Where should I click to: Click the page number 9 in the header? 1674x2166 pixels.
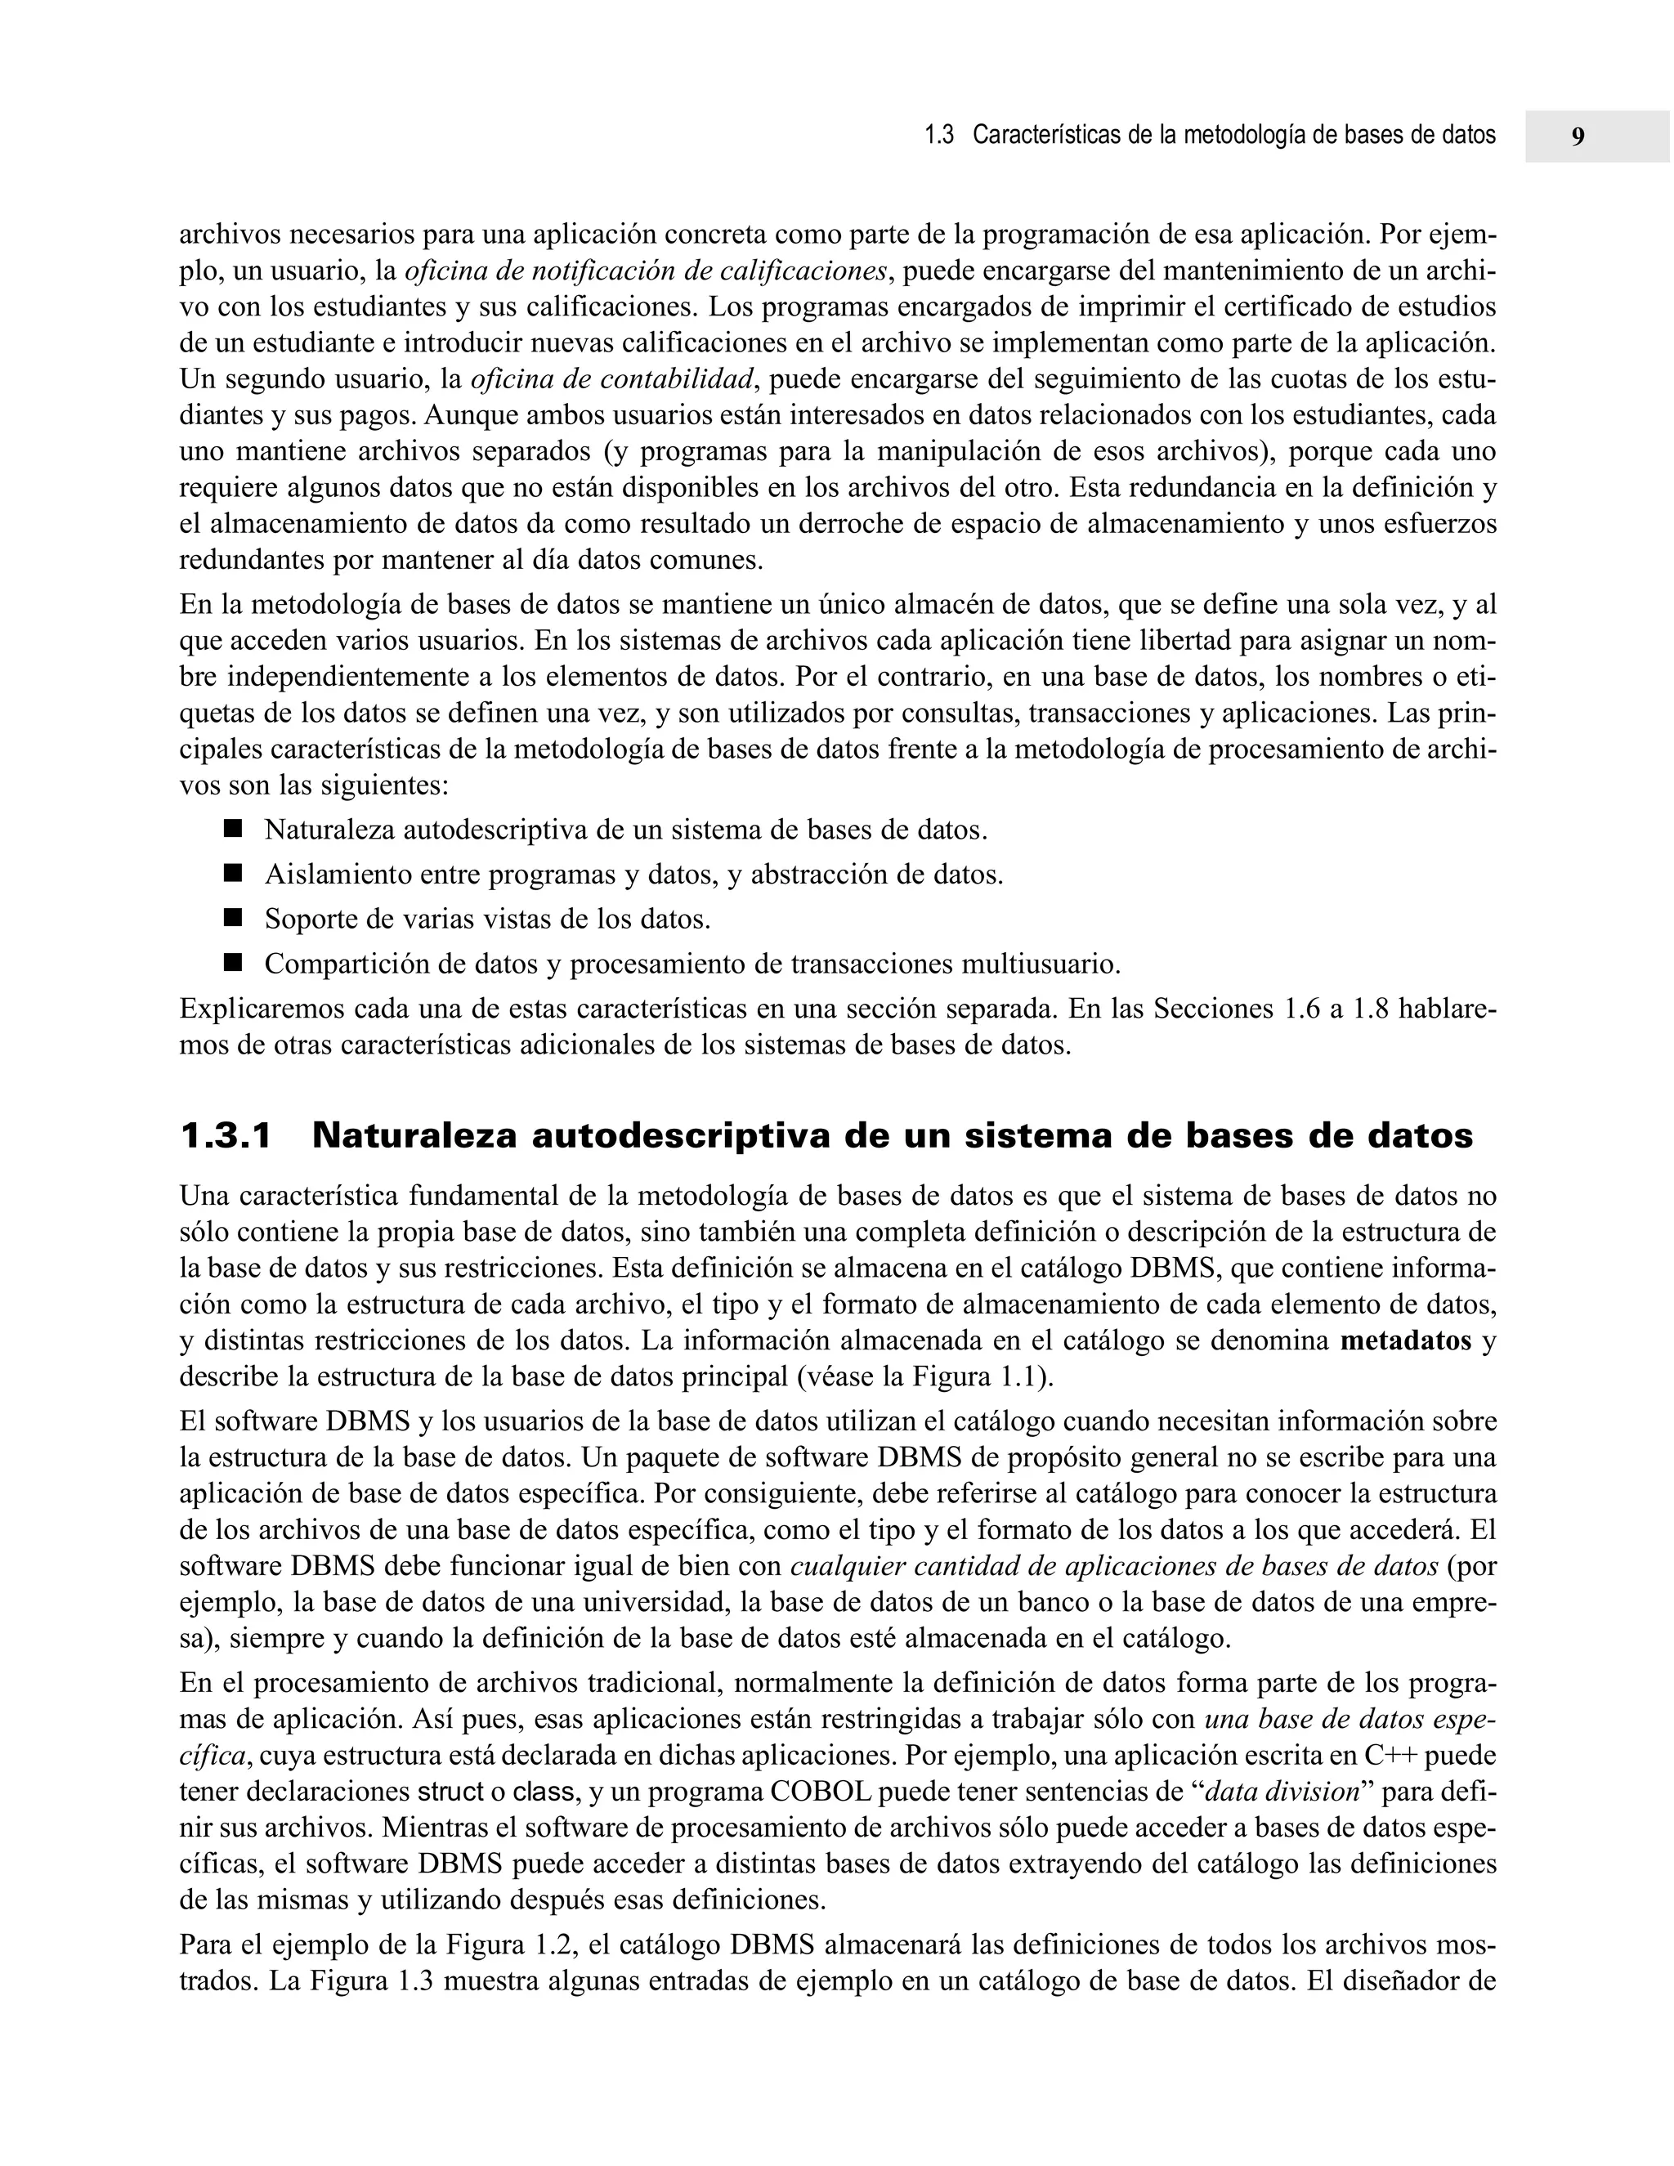point(1578,136)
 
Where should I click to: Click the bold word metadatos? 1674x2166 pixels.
point(1405,1342)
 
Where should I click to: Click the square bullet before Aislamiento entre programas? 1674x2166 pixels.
point(233,873)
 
